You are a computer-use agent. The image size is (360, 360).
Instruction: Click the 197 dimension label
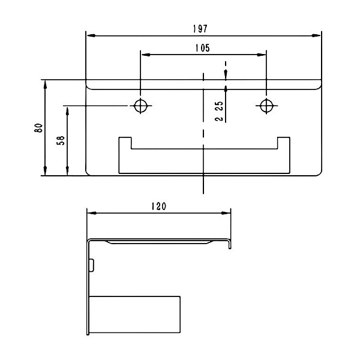pos(200,29)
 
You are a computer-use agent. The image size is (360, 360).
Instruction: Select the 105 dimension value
pos(203,48)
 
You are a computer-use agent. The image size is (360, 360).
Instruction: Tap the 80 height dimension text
pos(38,128)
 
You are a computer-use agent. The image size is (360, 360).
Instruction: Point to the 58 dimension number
pos(61,140)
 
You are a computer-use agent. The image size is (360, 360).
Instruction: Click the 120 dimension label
pos(158,206)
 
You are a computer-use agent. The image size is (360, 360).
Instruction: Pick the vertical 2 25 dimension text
pos(219,111)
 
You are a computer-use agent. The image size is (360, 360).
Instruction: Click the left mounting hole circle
pos(140,106)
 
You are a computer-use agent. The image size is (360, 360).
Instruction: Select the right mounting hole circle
pos(266,106)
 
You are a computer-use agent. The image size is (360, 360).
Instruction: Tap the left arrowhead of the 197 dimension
pos(91,35)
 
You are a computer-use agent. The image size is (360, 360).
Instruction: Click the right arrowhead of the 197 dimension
pos(316,35)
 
